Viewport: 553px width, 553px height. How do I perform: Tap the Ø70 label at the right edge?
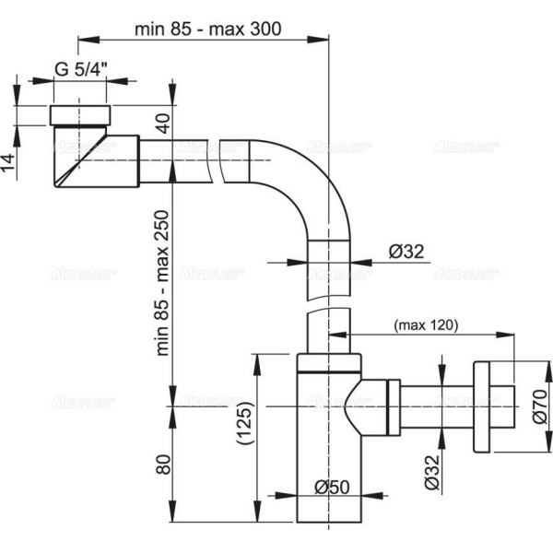tap(539, 406)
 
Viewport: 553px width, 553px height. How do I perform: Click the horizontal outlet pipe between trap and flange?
tap(433, 406)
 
